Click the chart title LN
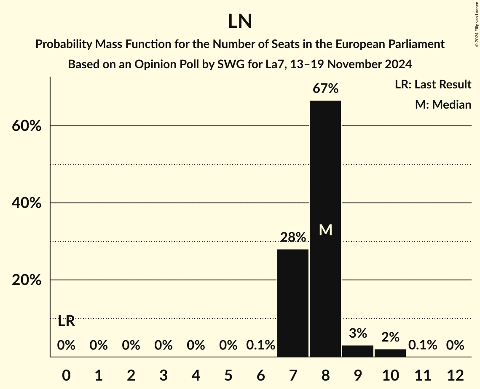(x=240, y=21)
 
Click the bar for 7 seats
(x=293, y=303)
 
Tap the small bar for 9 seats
(x=358, y=351)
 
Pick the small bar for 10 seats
(x=390, y=353)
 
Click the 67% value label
(x=325, y=89)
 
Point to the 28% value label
(x=293, y=237)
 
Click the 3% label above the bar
(x=358, y=333)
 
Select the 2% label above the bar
(x=390, y=337)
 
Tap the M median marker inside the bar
(x=325, y=230)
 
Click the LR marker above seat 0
(x=66, y=322)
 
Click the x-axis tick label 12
(x=455, y=375)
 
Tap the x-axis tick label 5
(x=228, y=375)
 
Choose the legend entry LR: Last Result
(x=433, y=85)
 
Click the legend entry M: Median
(x=443, y=104)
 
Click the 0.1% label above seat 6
(x=260, y=346)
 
